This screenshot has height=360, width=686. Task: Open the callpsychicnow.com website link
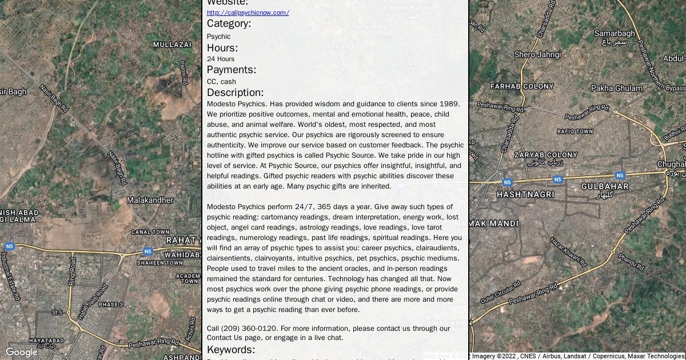[x=248, y=13]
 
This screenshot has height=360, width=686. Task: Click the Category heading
[x=229, y=23]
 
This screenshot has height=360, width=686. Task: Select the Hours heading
[x=222, y=48]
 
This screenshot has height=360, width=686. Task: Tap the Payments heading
[x=231, y=70]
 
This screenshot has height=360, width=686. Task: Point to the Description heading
[x=235, y=93]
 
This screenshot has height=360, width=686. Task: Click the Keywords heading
[x=231, y=350]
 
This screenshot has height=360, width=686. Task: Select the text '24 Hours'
[x=221, y=59]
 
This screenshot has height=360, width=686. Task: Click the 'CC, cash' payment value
[x=221, y=82]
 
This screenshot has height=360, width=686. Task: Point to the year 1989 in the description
[x=449, y=104]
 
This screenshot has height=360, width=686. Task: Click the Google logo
[x=21, y=352]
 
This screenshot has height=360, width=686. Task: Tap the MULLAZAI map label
[x=172, y=45]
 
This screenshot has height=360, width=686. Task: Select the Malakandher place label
[x=150, y=201]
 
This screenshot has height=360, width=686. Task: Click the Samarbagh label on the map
[x=615, y=34]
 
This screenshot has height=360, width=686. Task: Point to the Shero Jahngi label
[x=537, y=55]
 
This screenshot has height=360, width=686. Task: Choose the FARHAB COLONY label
[x=522, y=86]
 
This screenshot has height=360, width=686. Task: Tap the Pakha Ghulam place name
[x=617, y=88]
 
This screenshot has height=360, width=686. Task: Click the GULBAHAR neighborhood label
[x=605, y=187]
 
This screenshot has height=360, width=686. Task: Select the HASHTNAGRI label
[x=525, y=194]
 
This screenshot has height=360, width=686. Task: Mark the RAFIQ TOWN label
[x=575, y=131]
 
